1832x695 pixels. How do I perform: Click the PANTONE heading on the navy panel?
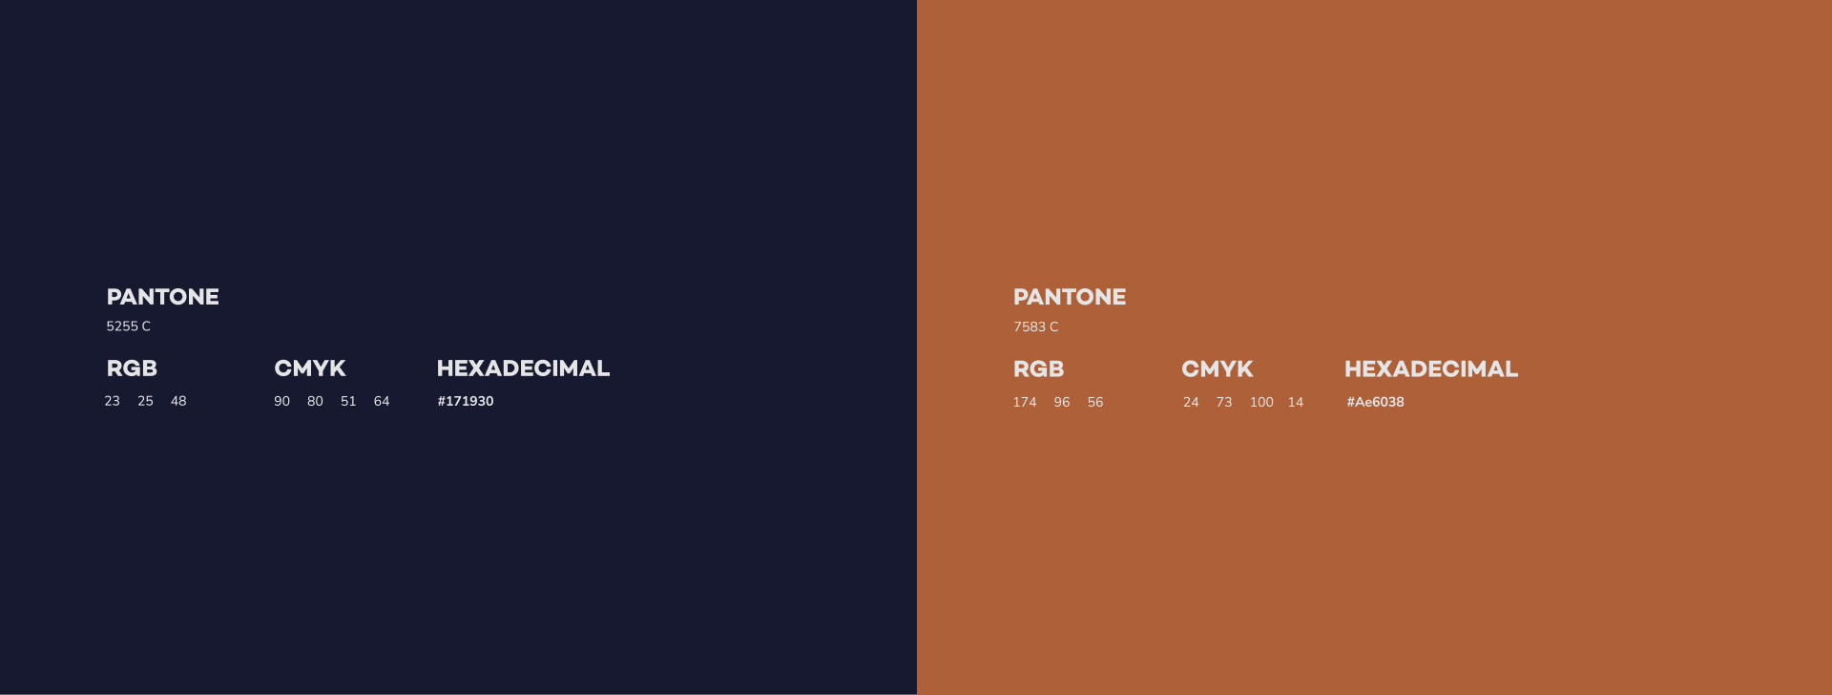[x=163, y=297]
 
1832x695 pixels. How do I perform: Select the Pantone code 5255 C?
[x=129, y=326]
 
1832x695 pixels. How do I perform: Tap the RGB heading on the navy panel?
[x=132, y=369]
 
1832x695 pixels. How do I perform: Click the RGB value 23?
[x=113, y=401]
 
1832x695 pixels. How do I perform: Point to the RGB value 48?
[x=178, y=401]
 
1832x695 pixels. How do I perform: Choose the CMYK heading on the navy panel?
[x=310, y=369]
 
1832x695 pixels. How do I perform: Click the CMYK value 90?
[x=282, y=401]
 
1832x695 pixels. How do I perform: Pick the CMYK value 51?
[x=348, y=401]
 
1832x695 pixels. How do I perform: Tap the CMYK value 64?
[x=382, y=401]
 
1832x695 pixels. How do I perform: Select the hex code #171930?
[x=466, y=401]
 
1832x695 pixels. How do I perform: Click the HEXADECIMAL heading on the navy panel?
[x=523, y=369]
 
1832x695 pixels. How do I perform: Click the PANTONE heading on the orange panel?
[x=1070, y=297]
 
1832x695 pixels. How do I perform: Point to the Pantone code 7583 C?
[x=1036, y=326]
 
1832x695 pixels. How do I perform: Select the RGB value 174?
[x=1025, y=402]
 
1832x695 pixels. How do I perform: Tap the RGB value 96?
[x=1062, y=402]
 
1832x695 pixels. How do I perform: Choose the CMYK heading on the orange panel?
[x=1218, y=369]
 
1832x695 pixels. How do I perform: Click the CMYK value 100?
[x=1261, y=402]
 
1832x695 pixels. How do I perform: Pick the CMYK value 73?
[x=1224, y=402]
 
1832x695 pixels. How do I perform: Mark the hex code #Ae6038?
[x=1376, y=402]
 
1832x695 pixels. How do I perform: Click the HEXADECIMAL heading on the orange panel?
[x=1431, y=369]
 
